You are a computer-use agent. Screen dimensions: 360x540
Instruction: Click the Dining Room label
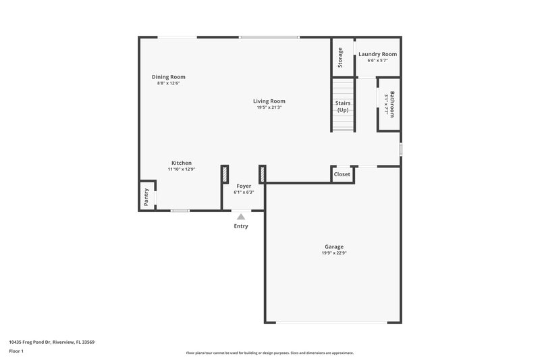click(x=168, y=77)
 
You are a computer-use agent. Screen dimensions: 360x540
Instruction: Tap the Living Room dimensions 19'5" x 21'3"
click(x=269, y=108)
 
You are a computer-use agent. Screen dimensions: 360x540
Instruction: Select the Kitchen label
click(x=182, y=163)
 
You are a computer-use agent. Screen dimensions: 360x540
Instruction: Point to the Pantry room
click(x=146, y=197)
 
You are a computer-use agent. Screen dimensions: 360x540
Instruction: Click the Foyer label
click(x=244, y=186)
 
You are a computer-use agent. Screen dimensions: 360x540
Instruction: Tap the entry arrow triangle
click(x=241, y=216)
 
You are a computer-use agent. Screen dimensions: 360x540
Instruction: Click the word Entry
click(x=241, y=226)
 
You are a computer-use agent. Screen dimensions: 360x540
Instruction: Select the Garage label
click(x=334, y=247)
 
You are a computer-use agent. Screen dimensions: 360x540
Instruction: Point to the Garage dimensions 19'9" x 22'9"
click(x=334, y=255)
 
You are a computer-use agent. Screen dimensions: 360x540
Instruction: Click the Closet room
click(x=342, y=174)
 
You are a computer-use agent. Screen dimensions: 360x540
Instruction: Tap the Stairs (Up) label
click(x=343, y=106)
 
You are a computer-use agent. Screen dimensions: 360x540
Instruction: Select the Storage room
click(x=341, y=57)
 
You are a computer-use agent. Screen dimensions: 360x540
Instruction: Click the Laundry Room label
click(x=377, y=54)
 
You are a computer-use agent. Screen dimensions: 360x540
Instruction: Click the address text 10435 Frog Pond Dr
click(x=51, y=342)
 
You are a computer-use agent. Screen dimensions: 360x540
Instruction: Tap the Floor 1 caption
click(x=17, y=352)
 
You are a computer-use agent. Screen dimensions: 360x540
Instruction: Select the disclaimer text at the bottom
click(x=269, y=353)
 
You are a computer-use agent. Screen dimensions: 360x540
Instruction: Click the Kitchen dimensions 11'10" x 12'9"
click(x=182, y=170)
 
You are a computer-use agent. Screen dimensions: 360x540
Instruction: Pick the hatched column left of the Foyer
click(x=225, y=174)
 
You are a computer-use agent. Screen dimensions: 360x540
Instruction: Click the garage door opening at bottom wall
click(x=333, y=322)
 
